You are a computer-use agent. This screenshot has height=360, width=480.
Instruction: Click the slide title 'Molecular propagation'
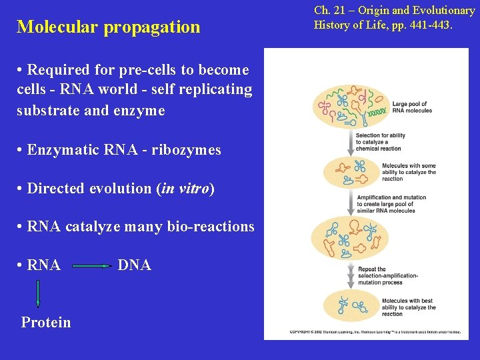[108, 27]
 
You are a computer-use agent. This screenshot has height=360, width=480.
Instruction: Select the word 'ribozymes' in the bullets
[187, 150]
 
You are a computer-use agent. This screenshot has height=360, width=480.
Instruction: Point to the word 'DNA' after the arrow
[134, 265]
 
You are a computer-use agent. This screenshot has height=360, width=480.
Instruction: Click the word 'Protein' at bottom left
[46, 322]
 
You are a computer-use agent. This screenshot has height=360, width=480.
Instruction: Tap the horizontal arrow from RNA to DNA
[91, 266]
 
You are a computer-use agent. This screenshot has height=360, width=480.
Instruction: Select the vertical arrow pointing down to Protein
[37, 294]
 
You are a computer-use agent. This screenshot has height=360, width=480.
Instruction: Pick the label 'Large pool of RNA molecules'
[411, 107]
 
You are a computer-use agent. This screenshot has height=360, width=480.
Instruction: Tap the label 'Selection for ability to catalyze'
[378, 142]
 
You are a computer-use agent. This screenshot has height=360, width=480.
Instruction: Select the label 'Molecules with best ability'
[408, 307]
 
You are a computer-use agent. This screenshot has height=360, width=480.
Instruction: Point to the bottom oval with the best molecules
[349, 307]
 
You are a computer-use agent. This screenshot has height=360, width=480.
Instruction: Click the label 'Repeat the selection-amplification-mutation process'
[389, 276]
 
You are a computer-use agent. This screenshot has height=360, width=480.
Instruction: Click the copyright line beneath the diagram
[375, 331]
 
